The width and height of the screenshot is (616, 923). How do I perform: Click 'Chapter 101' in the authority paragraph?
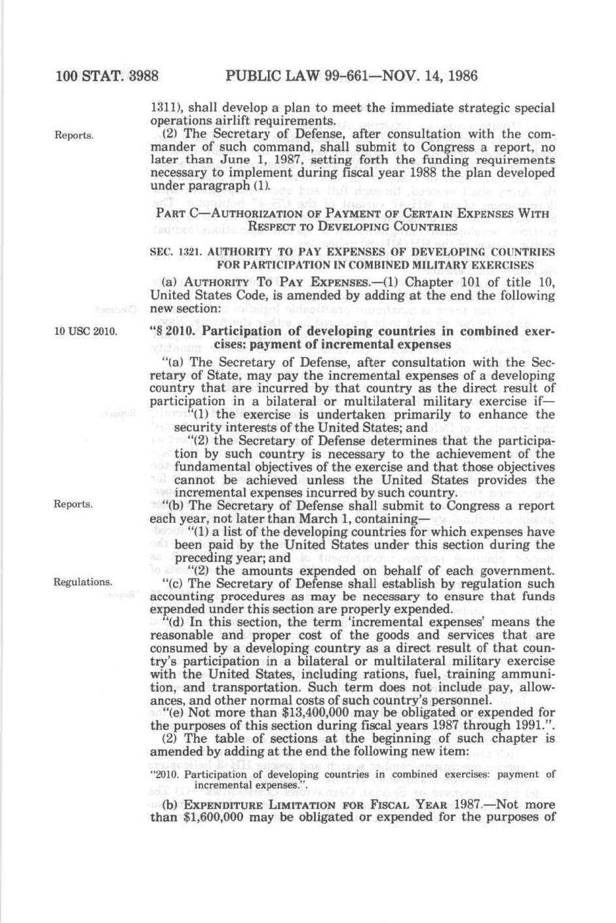pyautogui.click(x=446, y=282)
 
